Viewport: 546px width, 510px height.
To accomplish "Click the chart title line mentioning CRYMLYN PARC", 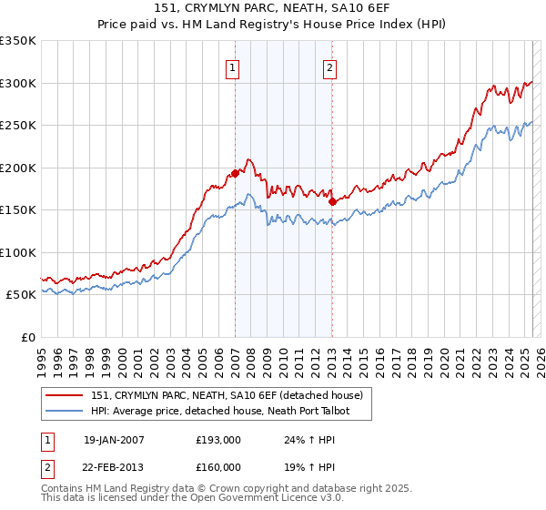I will (x=273, y=8).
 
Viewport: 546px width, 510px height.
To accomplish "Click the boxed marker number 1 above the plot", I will (x=233, y=67).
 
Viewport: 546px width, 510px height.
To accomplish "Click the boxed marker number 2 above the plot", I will (x=329, y=67).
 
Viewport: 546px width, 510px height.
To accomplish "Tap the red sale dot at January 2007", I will (x=235, y=173).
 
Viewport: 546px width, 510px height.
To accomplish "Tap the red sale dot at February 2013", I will (x=333, y=201).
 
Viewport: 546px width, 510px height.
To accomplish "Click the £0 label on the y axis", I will (x=27, y=337).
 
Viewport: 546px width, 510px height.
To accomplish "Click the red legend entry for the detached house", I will (x=227, y=394).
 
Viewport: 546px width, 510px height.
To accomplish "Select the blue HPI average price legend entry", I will (x=219, y=411).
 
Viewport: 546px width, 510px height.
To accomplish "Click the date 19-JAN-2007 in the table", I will (x=114, y=440).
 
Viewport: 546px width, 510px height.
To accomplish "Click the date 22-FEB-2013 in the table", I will (x=114, y=467).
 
